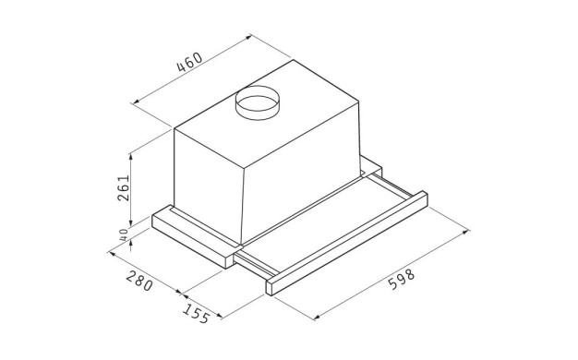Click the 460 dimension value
click(x=190, y=62)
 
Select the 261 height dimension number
click(x=124, y=187)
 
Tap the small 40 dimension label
click(x=124, y=234)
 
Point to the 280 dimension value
click(x=139, y=281)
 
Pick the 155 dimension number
click(x=196, y=314)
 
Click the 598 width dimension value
click(x=402, y=280)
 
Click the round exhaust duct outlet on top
click(x=258, y=102)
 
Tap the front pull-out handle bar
click(x=347, y=244)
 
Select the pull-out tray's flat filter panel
click(x=324, y=222)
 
